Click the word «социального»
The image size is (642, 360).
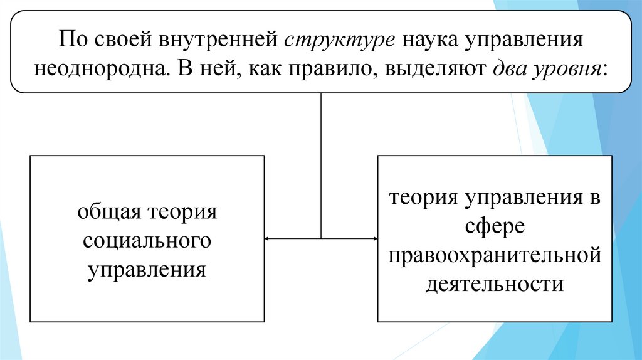pos(147,240)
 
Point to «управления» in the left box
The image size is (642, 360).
pos(147,269)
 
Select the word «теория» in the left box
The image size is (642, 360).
pos(182,211)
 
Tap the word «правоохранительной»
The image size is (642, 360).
pos(495,255)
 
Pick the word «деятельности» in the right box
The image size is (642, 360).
pos(495,284)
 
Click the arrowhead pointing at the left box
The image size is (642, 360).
pos(268,238)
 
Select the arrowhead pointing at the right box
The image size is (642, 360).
pos(375,238)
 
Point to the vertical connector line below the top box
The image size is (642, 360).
pos(321,163)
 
